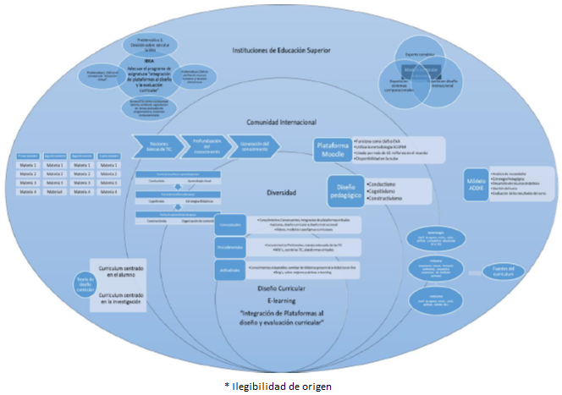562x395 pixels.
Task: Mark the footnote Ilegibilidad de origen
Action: point(279,386)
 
